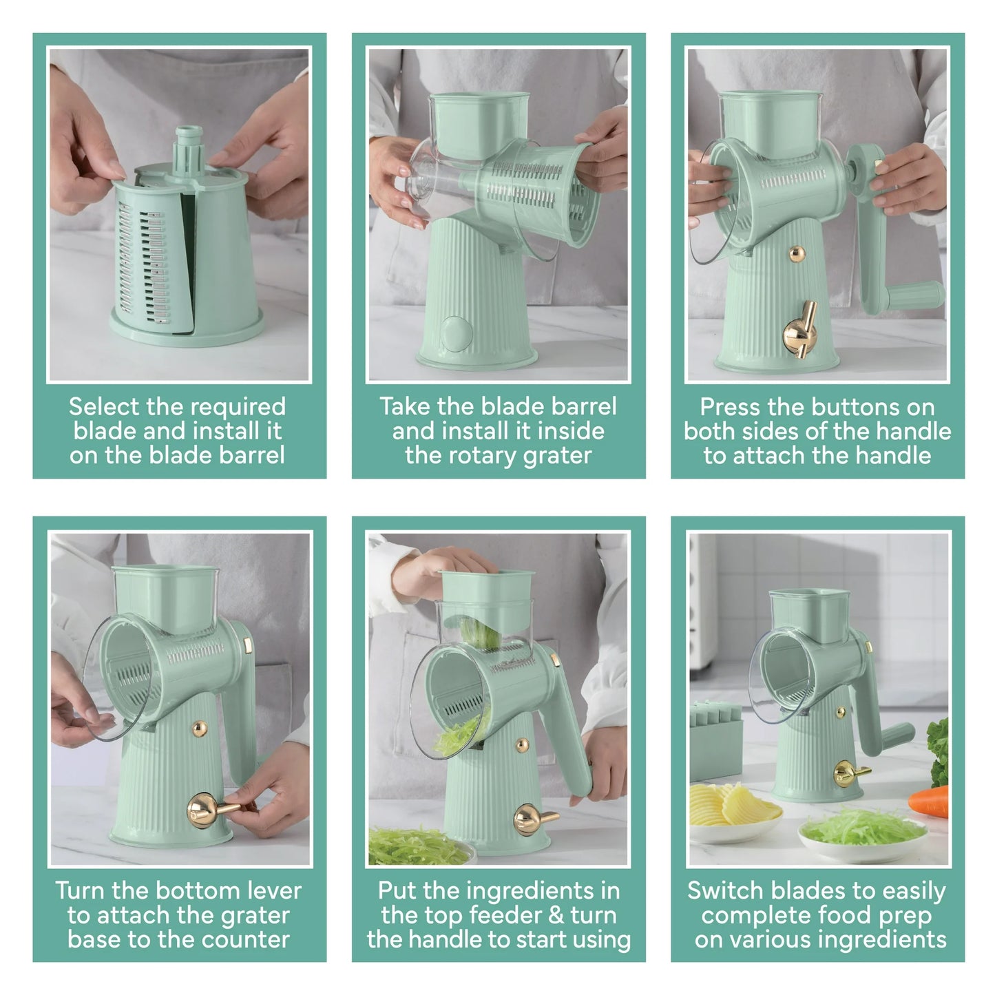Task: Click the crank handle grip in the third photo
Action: [913, 297]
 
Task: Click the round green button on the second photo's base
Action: [456, 334]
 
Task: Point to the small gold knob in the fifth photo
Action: [522, 744]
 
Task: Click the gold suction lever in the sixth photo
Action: [850, 774]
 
